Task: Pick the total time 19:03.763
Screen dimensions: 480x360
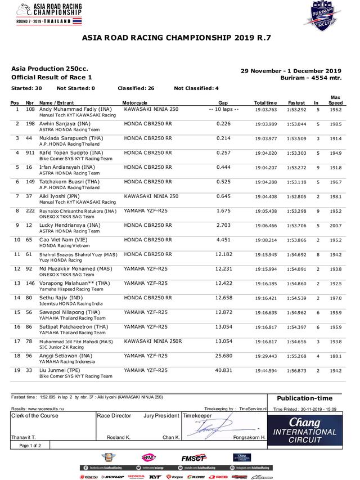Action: tap(266, 109)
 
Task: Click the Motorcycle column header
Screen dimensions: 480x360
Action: tap(135, 103)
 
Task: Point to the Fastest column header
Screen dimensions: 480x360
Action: tap(296, 103)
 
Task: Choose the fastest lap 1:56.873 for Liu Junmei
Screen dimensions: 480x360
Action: tap(296, 371)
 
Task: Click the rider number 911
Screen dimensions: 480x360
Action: tap(30, 152)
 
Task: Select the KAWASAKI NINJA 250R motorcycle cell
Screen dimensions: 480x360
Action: tap(153, 342)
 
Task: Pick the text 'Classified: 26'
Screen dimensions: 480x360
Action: tap(136, 88)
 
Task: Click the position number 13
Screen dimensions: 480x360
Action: tap(17, 284)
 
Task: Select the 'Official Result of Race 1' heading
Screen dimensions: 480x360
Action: tap(52, 77)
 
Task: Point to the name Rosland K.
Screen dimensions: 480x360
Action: tap(118, 437)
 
